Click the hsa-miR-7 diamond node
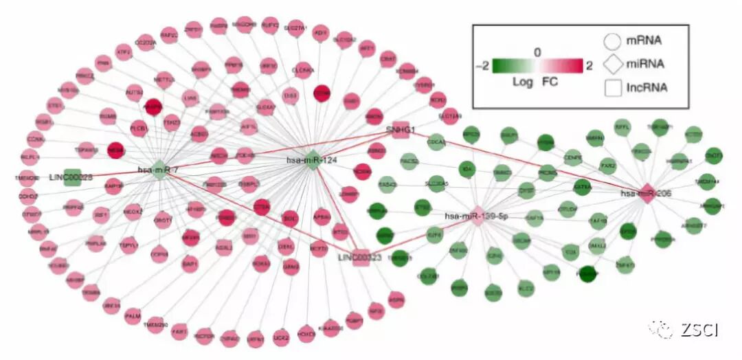[159, 170]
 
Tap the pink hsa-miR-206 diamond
[647, 193]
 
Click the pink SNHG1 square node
[401, 128]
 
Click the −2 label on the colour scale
[482, 66]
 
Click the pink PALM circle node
[133, 315]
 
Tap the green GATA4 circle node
[582, 185]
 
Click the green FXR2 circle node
[608, 166]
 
